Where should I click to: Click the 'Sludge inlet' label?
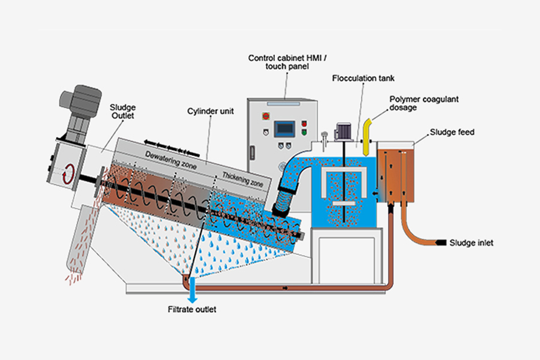pos(472,243)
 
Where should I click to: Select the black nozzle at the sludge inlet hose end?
pos(442,243)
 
